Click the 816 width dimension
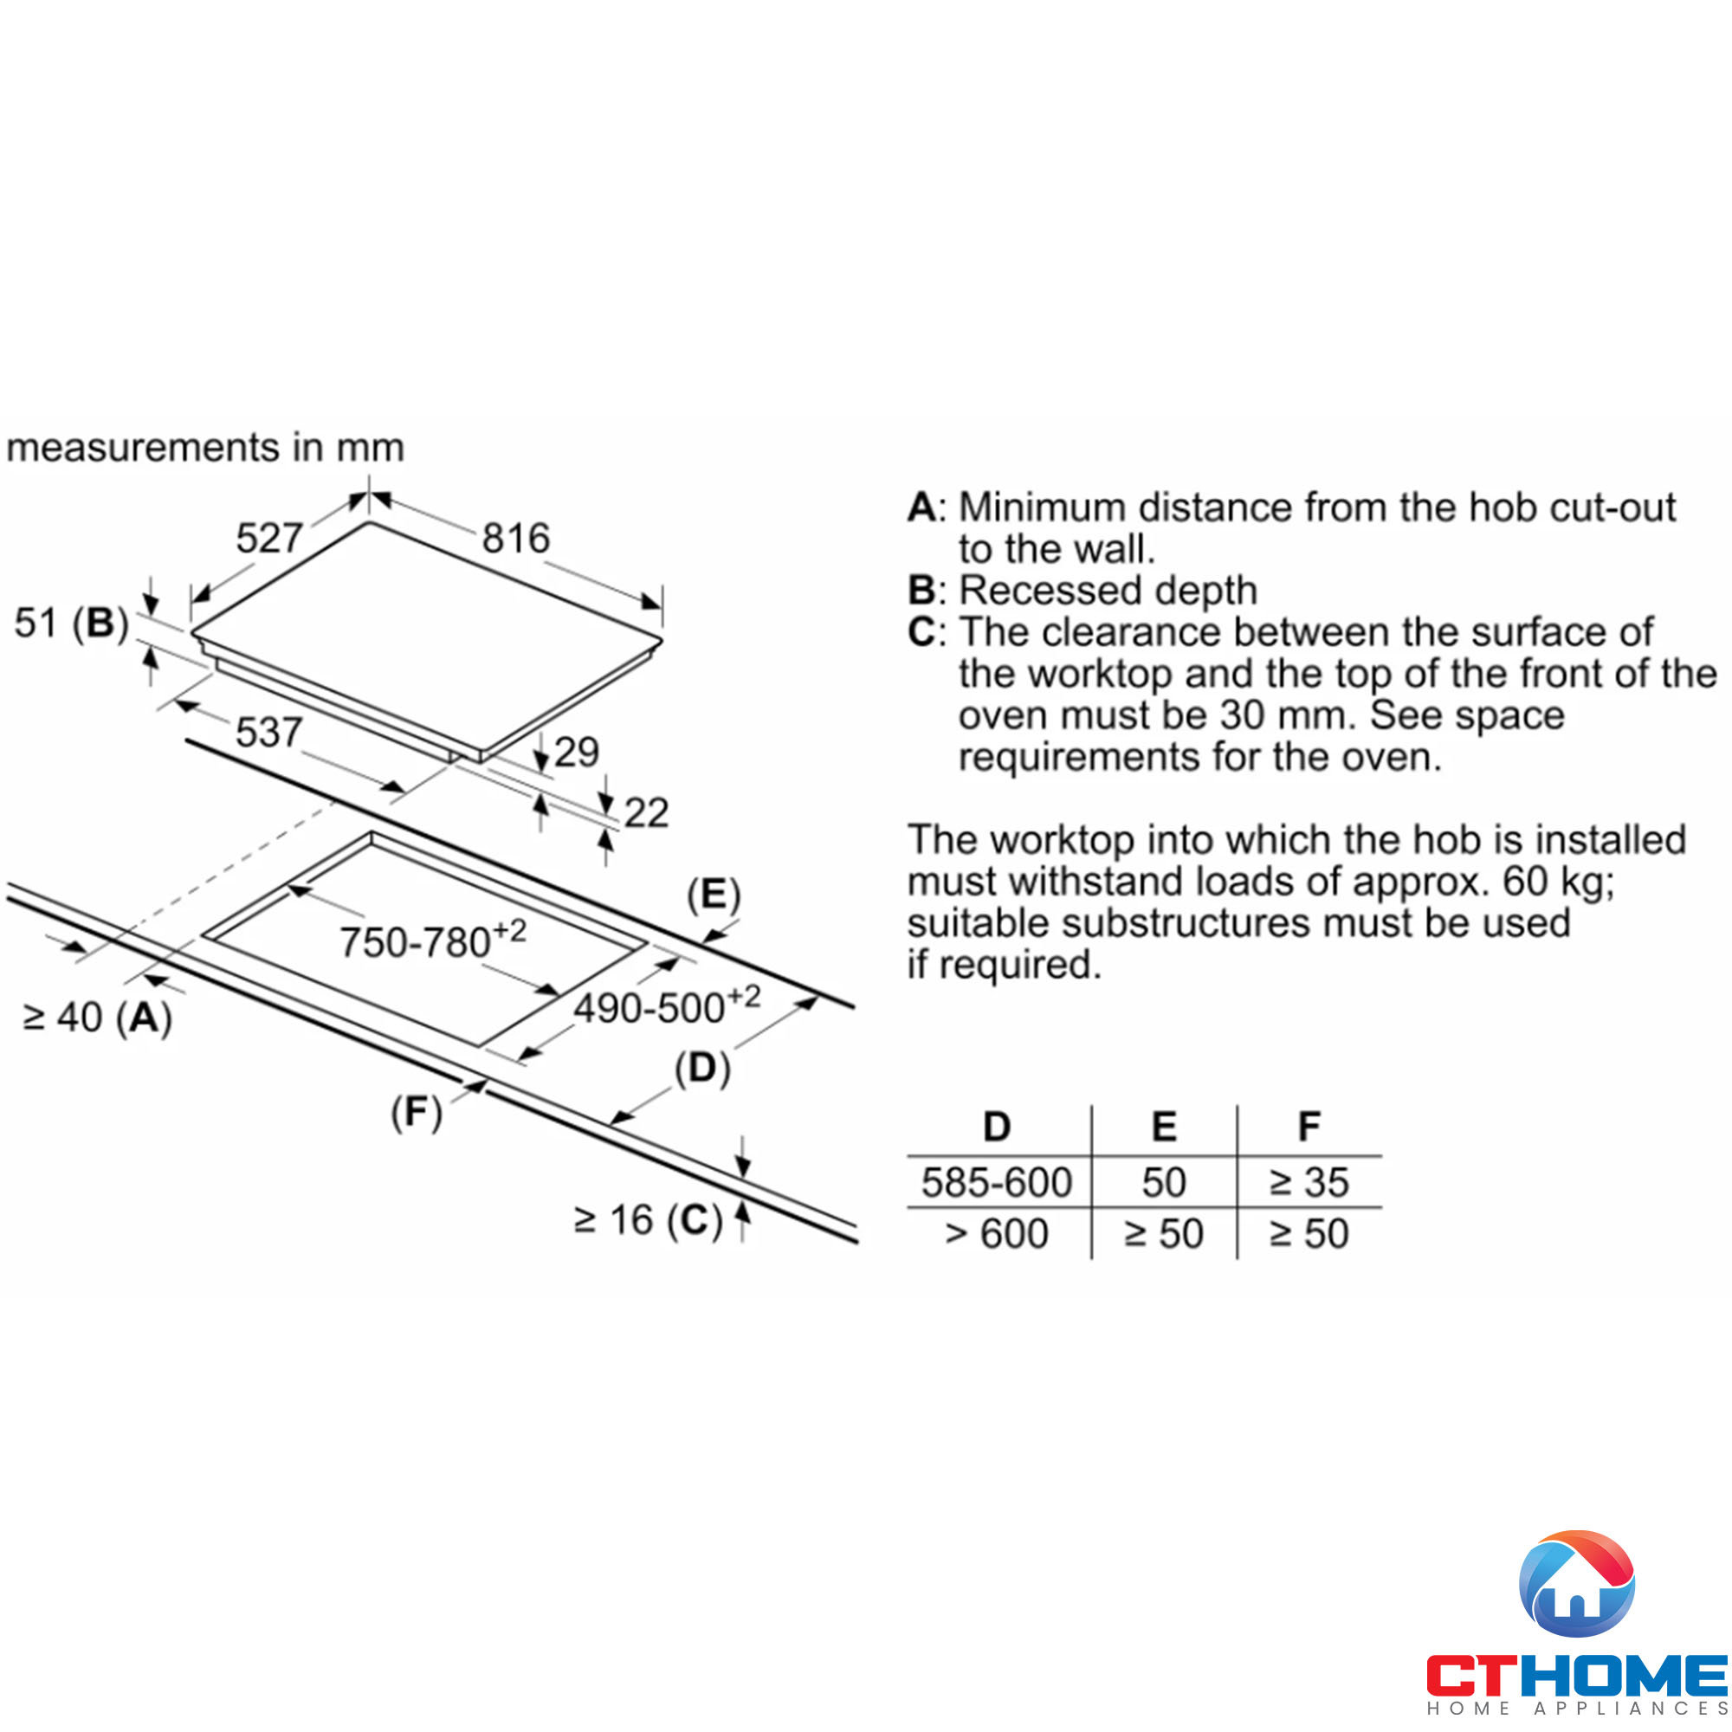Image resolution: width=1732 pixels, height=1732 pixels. coord(515,538)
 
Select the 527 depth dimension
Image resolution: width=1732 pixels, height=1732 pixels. coord(269,538)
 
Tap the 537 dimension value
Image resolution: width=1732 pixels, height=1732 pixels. coord(268,733)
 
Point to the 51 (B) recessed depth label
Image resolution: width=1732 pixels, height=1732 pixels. coord(72,623)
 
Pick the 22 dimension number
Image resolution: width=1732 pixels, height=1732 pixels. coord(646,813)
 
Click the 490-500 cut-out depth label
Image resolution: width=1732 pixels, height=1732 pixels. coord(666,1005)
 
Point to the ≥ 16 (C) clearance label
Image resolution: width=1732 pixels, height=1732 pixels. coord(648,1221)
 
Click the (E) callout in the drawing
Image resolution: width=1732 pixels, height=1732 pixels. coord(714,895)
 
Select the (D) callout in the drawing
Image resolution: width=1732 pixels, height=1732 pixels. coord(703,1069)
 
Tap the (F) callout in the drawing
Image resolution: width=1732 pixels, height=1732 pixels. coord(417,1113)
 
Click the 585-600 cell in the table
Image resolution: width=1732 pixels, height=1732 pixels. coord(997,1182)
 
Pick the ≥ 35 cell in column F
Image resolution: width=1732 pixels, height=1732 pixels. coord(1309,1182)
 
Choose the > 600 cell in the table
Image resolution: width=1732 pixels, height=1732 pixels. coord(997,1234)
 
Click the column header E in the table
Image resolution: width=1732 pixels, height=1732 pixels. coord(1164,1127)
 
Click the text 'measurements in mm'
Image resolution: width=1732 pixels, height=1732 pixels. coord(205,448)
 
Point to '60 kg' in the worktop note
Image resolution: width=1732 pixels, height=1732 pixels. coord(1556,882)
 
